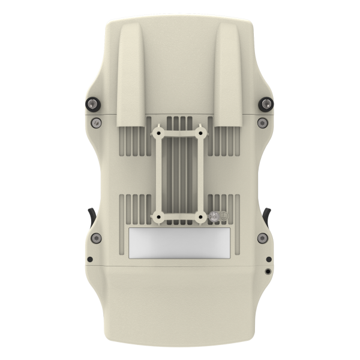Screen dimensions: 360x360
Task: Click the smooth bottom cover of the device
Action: [180, 300]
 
